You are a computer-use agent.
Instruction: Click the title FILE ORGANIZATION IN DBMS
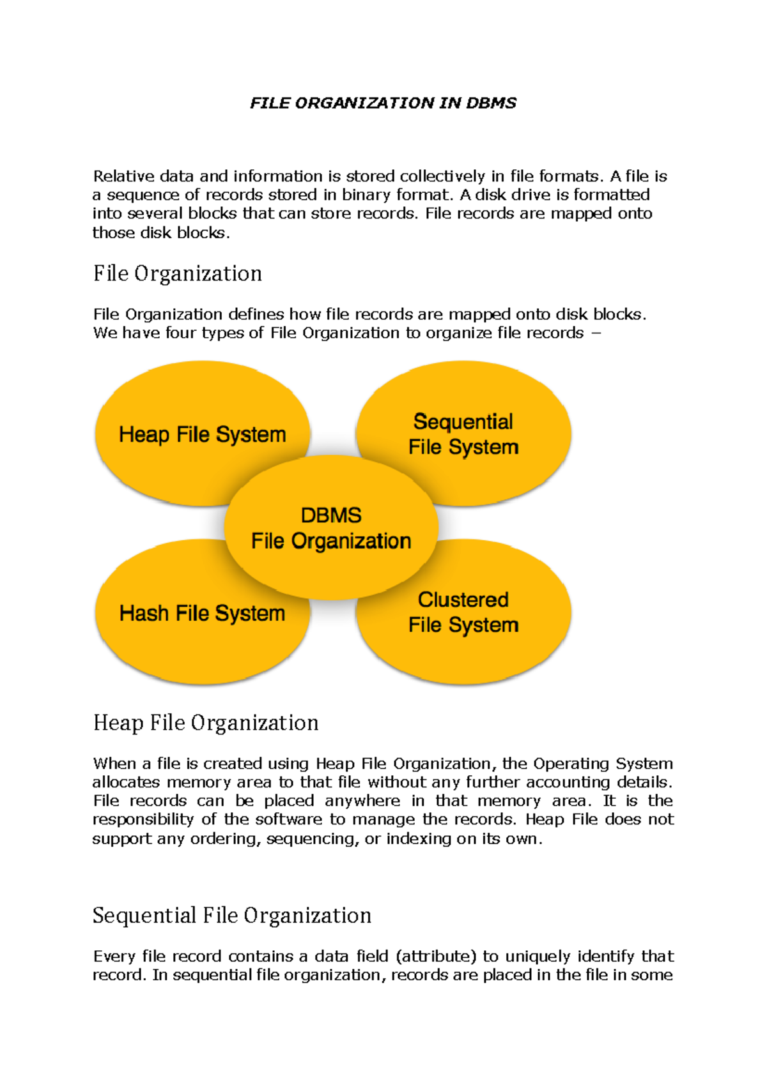tap(383, 103)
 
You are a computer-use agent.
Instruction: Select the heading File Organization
tap(178, 274)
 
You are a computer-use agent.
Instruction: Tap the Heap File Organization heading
tap(206, 723)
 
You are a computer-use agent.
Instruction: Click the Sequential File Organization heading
tap(232, 916)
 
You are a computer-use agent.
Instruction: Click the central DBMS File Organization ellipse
tap(331, 562)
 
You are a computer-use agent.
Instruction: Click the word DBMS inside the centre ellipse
tap(331, 515)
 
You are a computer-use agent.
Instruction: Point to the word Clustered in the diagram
tap(463, 600)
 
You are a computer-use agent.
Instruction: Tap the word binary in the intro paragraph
tap(367, 195)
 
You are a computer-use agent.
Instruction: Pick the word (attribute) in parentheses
tap(437, 956)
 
